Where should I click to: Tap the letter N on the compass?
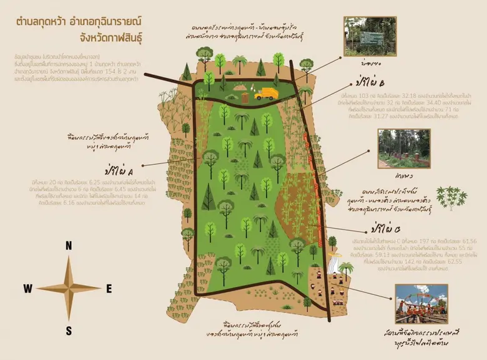click(x=69, y=246)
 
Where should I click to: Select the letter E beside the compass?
click(x=109, y=288)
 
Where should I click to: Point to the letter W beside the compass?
click(x=28, y=288)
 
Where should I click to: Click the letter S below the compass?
click(x=69, y=331)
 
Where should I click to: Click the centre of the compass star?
click(x=69, y=288)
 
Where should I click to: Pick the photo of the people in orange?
click(x=421, y=303)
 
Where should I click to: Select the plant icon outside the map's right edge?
click(x=451, y=197)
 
